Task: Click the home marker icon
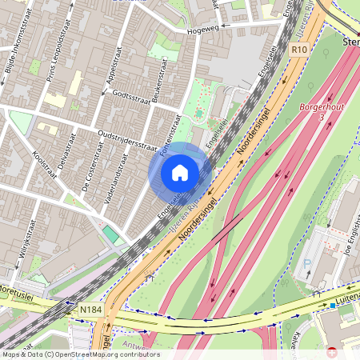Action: [180, 172]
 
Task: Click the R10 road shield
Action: [299, 49]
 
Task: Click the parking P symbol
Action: [307, 264]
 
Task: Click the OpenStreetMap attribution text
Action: [80, 354]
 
